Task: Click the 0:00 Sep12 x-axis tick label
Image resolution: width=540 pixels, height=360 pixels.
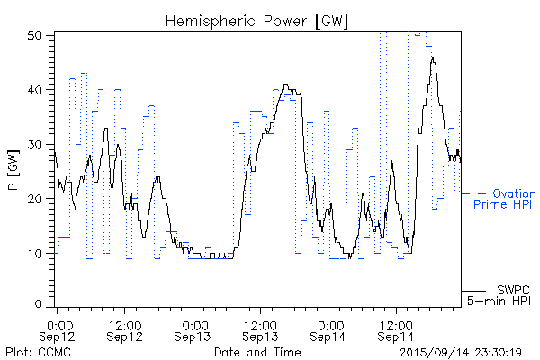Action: [x=58, y=328]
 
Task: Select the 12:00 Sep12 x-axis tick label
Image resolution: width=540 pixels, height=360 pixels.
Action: [x=124, y=328]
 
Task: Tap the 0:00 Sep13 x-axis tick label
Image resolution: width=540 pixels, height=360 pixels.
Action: [x=193, y=328]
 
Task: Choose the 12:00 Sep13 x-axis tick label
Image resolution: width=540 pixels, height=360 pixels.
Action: [x=260, y=328]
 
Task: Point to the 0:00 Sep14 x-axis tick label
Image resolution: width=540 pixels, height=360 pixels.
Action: [x=328, y=328]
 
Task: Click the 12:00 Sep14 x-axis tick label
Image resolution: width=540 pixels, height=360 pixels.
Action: [x=396, y=328]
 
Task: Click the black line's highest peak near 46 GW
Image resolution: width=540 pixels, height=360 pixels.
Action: [x=433, y=58]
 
